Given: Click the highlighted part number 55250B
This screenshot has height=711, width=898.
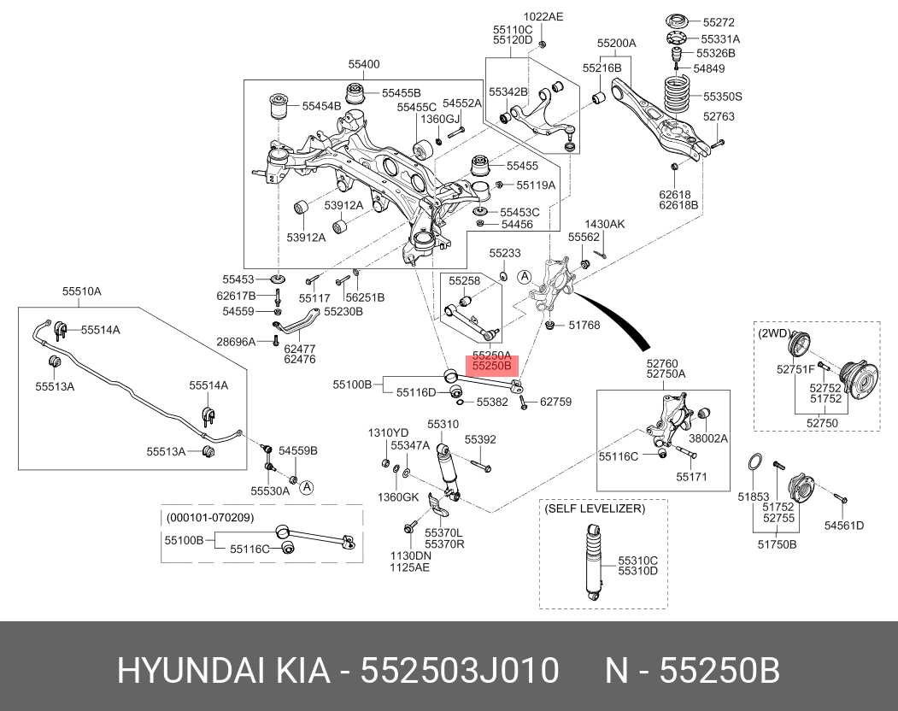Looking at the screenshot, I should (492, 366).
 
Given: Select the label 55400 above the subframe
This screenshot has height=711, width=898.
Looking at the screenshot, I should (363, 64).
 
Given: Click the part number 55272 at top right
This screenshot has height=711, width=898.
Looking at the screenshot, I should (718, 23).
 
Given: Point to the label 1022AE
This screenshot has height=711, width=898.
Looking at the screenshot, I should (543, 17).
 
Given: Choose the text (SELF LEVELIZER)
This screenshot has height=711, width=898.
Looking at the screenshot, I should (595, 508).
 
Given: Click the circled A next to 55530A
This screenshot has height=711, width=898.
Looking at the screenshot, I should (307, 487).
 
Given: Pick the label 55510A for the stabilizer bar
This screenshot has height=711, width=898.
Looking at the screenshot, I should (81, 291).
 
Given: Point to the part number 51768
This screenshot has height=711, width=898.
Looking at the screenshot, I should (584, 325).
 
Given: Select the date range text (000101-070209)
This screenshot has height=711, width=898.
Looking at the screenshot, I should (210, 518).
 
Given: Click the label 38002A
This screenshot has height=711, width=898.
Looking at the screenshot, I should (707, 438).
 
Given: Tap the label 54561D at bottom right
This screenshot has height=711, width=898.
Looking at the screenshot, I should (843, 525).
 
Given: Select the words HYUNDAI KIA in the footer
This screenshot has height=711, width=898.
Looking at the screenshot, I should (224, 671).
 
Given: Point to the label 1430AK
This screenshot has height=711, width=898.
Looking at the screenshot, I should (604, 224).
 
